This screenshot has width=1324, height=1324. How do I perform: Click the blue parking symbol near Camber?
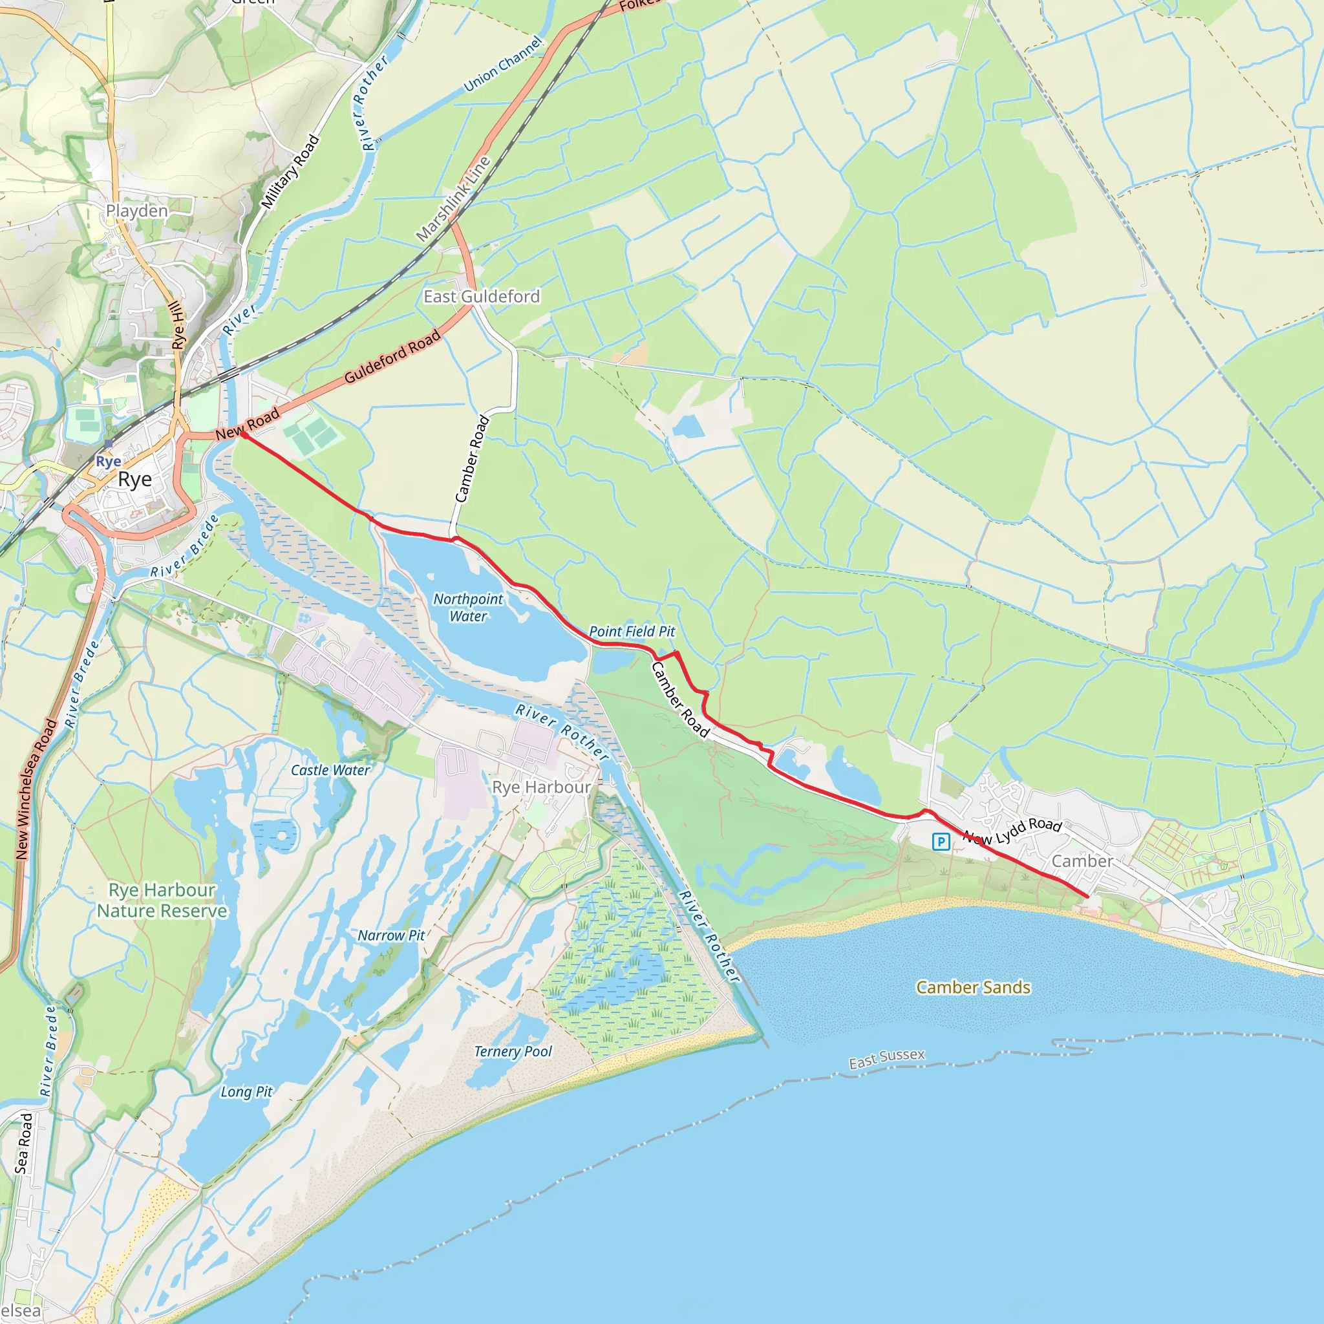tap(941, 842)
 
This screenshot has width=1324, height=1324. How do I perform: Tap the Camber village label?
tap(1082, 861)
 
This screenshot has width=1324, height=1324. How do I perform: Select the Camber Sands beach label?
tap(973, 988)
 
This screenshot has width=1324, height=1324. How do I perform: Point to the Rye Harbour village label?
tap(541, 787)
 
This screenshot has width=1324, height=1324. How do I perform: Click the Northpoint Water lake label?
tap(468, 607)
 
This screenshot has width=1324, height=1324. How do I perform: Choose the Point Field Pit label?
tap(632, 632)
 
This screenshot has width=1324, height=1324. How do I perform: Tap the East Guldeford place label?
tap(482, 297)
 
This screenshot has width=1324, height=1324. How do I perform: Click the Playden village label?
tap(136, 210)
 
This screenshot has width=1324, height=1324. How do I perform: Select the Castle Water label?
tap(330, 770)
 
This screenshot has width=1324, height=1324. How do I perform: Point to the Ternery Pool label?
tap(513, 1051)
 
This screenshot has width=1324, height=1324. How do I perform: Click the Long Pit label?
tap(246, 1092)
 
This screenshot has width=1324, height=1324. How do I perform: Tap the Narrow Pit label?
tap(391, 935)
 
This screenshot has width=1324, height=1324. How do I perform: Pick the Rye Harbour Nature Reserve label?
tap(162, 901)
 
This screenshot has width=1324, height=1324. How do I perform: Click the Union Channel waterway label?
tap(504, 64)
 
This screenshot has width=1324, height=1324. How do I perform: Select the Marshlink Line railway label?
tap(453, 199)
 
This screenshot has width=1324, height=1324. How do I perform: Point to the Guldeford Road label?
tap(392, 357)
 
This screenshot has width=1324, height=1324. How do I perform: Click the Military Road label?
tap(290, 172)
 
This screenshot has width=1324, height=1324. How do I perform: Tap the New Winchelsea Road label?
tap(36, 789)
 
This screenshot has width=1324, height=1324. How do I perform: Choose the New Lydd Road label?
tap(1012, 831)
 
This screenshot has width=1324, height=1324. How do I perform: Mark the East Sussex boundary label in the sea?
tap(887, 1059)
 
